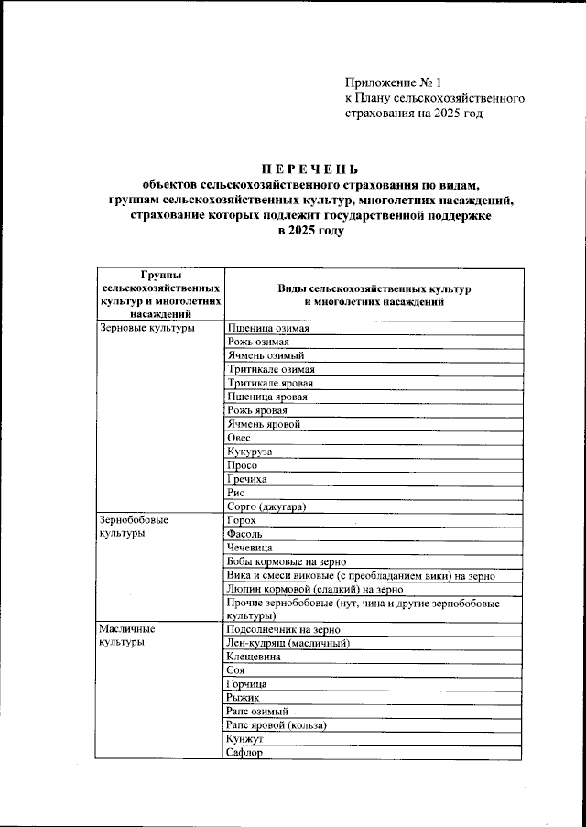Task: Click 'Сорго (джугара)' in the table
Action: tap(266, 506)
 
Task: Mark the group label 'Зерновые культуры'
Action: tap(146, 328)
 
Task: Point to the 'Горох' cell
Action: tap(242, 520)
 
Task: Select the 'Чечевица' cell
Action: tap(251, 548)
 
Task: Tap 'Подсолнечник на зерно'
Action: tap(283, 630)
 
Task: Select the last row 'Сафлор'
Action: tap(244, 753)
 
